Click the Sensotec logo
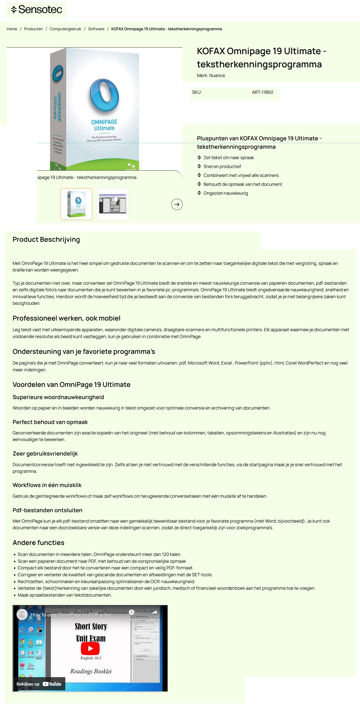(36, 10)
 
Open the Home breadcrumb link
(12, 29)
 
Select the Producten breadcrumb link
(33, 29)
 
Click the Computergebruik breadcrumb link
(65, 29)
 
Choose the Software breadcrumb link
(96, 29)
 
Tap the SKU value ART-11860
(262, 92)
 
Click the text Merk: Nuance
(211, 75)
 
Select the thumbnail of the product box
(76, 204)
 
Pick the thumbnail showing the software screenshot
(112, 204)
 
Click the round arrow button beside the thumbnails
(177, 204)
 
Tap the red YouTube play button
(90, 648)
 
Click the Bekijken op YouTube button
(39, 684)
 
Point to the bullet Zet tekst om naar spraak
(228, 157)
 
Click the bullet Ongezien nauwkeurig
(225, 193)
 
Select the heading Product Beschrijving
(46, 239)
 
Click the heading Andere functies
(38, 543)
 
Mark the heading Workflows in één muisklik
(47, 485)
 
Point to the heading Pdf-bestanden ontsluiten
(47, 510)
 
